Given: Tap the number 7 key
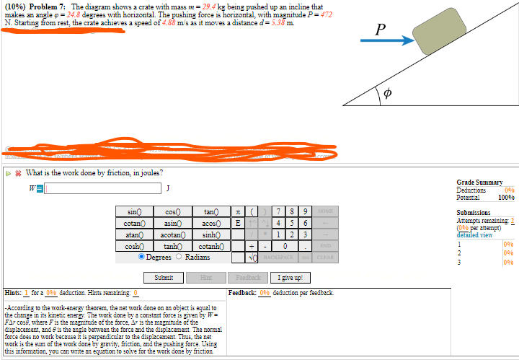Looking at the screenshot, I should pos(278,212).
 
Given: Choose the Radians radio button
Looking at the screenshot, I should pos(180,258).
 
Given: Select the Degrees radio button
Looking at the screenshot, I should pos(143,258).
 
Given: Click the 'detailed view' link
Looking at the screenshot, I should pos(476,234).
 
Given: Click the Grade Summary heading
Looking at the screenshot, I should pos(480,183).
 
